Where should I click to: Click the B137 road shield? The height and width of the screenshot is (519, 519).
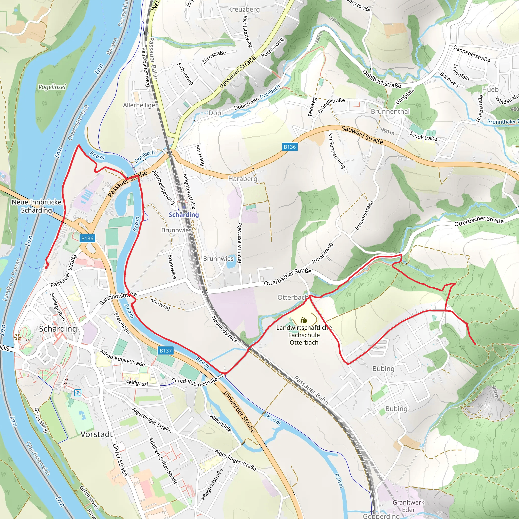(x=165, y=350)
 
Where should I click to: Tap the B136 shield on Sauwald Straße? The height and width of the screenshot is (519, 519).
(x=290, y=147)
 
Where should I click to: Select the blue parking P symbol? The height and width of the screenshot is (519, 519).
(x=78, y=393)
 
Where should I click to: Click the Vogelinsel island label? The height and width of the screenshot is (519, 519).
(x=52, y=87)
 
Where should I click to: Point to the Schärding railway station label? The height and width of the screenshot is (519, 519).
(x=184, y=215)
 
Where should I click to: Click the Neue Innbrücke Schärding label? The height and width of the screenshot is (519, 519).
(x=36, y=206)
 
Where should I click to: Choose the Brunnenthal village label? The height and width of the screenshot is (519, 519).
(x=390, y=112)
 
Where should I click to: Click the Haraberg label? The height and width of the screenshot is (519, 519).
(x=243, y=179)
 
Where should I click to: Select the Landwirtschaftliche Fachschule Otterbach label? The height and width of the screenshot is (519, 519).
(x=304, y=335)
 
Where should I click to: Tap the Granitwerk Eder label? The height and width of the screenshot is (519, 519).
(x=408, y=506)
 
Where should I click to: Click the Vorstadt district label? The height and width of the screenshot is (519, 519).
(x=97, y=434)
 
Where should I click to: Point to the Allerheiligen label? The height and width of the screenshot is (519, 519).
(x=141, y=105)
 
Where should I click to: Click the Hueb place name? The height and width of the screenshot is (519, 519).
(x=490, y=89)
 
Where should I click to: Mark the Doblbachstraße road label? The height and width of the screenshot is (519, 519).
(x=381, y=79)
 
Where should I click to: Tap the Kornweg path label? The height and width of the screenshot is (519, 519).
(x=160, y=304)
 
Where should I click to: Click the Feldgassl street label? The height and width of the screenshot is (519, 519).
(x=137, y=383)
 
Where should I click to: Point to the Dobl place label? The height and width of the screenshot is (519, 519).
(x=216, y=113)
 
